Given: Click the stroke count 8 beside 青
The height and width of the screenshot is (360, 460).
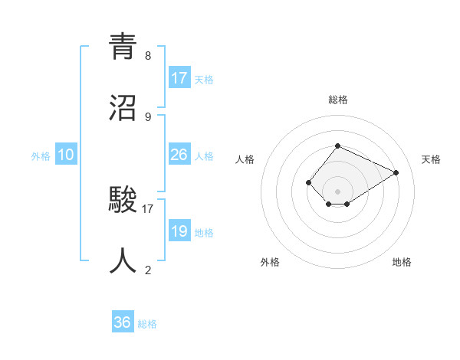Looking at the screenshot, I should [148, 56].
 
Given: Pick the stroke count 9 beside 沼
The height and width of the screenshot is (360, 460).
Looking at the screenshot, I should [148, 116].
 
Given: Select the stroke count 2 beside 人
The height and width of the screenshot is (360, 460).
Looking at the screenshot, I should [148, 270].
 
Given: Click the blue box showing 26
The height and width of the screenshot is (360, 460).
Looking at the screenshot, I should [179, 155].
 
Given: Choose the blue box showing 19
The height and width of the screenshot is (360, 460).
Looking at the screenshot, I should [179, 231].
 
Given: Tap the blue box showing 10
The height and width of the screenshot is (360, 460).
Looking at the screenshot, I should [66, 155].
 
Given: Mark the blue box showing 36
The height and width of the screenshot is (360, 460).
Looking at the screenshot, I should [123, 322].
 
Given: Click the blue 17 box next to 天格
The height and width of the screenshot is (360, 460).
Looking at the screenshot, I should [179, 78].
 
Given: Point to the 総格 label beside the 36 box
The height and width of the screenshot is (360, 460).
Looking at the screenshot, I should [148, 324].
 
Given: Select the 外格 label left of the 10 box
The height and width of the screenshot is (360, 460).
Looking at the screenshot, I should [41, 156].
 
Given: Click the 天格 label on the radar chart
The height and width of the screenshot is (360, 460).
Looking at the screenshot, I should [431, 159].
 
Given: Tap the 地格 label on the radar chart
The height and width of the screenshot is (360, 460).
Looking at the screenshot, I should [402, 262].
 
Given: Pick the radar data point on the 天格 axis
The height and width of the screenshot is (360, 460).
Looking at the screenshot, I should [396, 172].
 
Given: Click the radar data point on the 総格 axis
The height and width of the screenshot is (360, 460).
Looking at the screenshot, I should [337, 146].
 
